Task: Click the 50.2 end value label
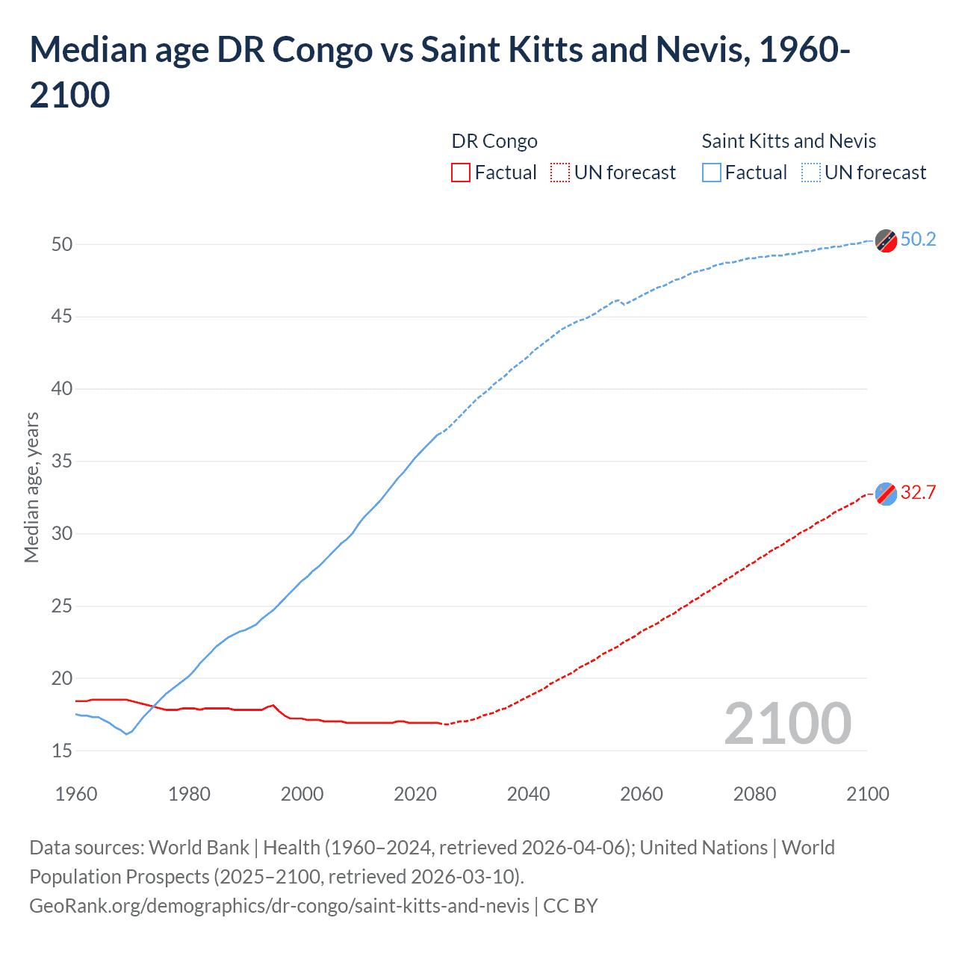coord(918,239)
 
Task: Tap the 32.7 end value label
coord(918,492)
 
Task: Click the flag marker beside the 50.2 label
coord(886,241)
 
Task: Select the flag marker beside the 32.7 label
coord(886,494)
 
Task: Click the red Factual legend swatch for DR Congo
coord(461,173)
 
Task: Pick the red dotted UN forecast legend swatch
coord(560,173)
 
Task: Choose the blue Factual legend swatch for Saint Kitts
coord(712,173)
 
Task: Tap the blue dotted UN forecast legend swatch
coord(811,173)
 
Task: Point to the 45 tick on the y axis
coord(62,317)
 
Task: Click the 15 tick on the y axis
coord(62,751)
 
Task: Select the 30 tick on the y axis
coord(62,533)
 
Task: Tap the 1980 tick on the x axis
coord(189,793)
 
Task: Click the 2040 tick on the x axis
coord(528,793)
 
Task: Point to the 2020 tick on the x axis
coord(415,793)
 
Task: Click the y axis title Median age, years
coord(31,487)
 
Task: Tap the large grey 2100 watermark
coord(787,724)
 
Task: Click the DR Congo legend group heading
coord(494,141)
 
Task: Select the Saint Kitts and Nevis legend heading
coord(789,141)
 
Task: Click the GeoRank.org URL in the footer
coord(279,905)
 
